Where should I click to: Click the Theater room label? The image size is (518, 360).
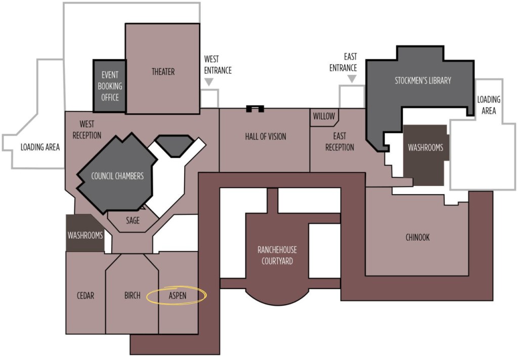point(163,72)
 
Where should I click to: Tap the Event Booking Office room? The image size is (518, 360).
point(110,86)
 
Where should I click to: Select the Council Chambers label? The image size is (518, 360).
point(117,176)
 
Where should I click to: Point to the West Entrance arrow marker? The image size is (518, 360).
point(209,81)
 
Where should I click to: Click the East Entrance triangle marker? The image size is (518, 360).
point(352,78)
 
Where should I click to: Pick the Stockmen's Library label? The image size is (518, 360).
point(423,80)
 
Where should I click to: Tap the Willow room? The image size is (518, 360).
point(324,117)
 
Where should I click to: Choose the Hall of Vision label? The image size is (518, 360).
point(266,137)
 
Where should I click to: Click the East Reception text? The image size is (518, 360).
point(339,142)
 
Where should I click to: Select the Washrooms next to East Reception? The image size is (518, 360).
point(425,155)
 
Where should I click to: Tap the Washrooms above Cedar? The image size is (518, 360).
point(85,233)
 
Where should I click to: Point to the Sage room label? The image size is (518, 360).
point(133,220)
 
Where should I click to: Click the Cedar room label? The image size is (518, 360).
point(85,295)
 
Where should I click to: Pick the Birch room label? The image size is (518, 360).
point(133,295)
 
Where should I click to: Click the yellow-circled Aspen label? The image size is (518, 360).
point(178,296)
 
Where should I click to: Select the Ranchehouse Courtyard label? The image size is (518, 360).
point(277,255)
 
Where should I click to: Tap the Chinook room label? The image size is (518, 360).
point(417,237)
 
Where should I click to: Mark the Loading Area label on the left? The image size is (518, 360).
point(40,147)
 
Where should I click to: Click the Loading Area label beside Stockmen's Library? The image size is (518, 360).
point(489,105)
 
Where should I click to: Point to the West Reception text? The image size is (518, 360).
point(87,130)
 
